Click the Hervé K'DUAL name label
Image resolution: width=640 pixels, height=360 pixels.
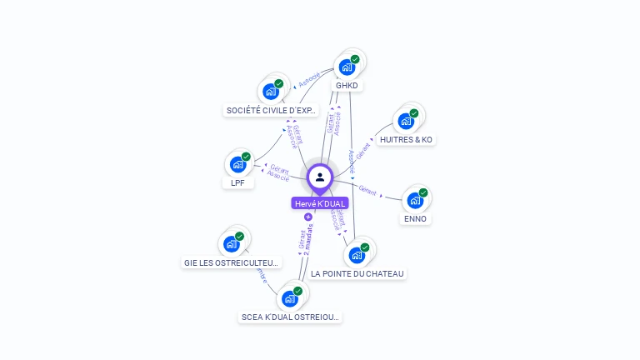(x=320, y=203)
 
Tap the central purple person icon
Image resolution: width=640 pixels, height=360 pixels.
(x=320, y=177)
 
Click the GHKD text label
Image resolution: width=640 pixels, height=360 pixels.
(x=347, y=85)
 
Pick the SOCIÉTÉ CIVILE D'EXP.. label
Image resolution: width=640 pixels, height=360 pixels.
(x=271, y=110)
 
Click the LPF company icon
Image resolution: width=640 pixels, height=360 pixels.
(x=237, y=164)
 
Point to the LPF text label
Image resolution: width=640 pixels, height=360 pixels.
(x=237, y=182)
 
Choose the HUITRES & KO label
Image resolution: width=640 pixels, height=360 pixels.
(x=406, y=139)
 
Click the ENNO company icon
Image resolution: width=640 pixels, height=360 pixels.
(x=414, y=201)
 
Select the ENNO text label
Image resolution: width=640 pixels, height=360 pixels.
(x=415, y=218)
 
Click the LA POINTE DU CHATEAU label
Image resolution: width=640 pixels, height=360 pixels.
(x=357, y=273)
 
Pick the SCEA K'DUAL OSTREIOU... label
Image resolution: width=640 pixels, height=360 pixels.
(x=290, y=317)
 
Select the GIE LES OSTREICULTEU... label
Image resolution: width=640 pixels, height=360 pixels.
(x=232, y=262)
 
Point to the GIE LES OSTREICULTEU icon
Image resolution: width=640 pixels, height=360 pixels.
(x=231, y=244)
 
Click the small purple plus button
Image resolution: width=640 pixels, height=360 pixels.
(x=307, y=217)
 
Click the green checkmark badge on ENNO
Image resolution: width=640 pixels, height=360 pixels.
(x=423, y=192)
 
